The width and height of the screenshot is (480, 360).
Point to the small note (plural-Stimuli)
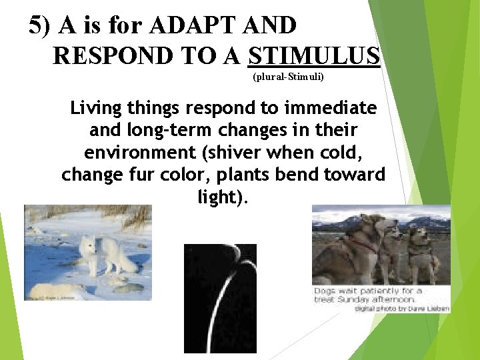coord(288,77)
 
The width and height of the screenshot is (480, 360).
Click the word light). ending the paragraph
coord(223,198)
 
